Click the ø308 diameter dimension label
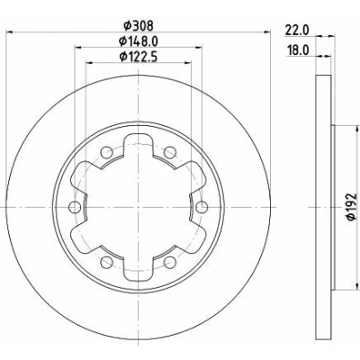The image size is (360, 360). tap(139, 26)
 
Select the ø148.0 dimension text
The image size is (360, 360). tap(139, 41)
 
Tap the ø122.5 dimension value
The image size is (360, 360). tap(139, 57)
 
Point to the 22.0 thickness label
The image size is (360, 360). tap(297, 31)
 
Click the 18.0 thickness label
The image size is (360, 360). tap(298, 50)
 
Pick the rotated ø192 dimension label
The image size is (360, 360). tap(351, 207)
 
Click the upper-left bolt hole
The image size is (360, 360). tap(106, 153)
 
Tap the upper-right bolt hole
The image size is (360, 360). tap(170, 152)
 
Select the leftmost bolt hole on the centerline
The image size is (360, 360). tap(75, 207)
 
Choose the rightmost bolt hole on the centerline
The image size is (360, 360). tap(202, 207)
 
